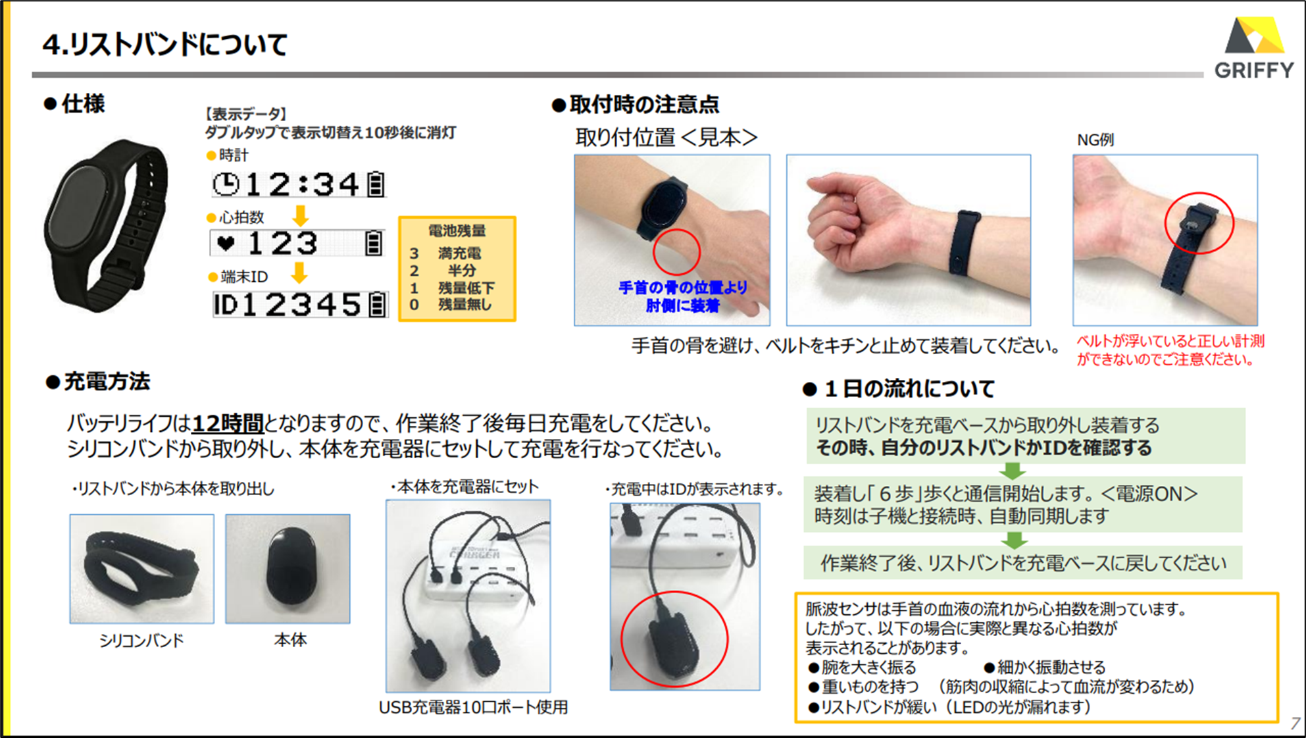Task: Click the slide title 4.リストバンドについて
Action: [165, 45]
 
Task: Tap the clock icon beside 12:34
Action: [226, 184]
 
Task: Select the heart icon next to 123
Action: [226, 244]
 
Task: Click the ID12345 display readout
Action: [300, 305]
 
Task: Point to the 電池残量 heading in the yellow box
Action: [457, 230]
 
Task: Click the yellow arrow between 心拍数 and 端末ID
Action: [299, 272]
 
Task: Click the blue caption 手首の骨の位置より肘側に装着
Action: [682, 296]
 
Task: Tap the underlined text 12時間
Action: [228, 423]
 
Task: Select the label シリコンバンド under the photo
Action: [141, 641]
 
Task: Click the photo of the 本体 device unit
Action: [288, 569]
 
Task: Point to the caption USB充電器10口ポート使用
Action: [473, 707]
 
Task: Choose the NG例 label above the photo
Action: [1095, 140]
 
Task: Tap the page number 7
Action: [1295, 723]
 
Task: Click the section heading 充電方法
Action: [99, 382]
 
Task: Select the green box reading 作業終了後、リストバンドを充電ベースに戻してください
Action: [1023, 563]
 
